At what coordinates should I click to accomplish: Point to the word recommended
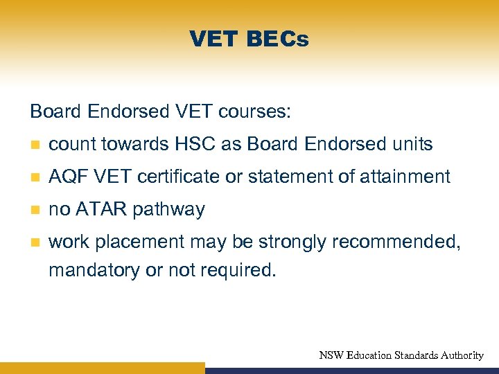pos(399,242)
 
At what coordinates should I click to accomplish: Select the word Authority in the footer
pos(456,355)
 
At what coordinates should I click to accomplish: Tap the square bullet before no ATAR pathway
pos(35,210)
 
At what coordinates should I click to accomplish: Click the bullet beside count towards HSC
pos(35,145)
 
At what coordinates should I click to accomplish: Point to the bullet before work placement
pos(35,242)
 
